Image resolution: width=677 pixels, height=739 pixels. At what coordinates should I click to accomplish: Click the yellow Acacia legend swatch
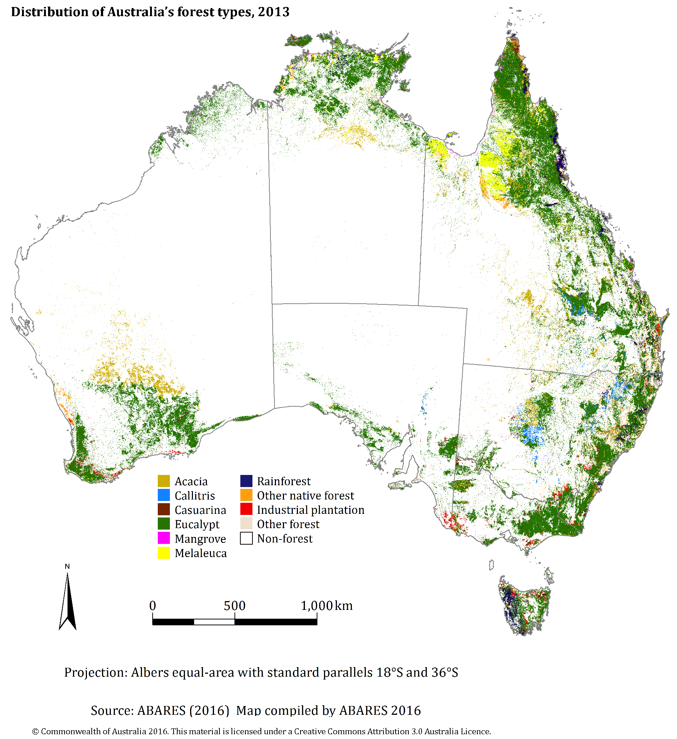point(164,481)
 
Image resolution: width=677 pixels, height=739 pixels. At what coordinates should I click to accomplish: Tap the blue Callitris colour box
point(164,495)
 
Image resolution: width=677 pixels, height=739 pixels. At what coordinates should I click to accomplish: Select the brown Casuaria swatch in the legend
point(164,509)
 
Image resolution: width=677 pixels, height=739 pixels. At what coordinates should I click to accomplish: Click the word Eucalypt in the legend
point(197,524)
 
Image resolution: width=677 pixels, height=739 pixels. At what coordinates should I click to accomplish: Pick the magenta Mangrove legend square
point(164,538)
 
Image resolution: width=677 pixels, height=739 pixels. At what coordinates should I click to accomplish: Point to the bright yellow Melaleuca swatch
point(164,553)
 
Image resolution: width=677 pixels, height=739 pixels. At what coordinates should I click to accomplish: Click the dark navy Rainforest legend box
point(246,481)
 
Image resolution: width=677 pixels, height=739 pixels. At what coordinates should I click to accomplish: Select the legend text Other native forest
point(305,495)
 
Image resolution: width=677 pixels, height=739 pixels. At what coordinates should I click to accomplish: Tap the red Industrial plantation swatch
point(246,509)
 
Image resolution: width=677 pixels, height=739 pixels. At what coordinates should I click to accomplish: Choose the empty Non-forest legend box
point(246,538)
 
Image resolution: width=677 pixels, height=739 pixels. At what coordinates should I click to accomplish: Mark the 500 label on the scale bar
point(234,606)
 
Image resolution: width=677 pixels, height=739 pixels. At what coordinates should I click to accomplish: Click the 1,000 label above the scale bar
point(317,606)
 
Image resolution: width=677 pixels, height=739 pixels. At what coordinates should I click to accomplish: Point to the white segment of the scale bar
point(214,622)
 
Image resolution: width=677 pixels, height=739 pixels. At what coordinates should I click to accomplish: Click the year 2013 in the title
point(274,12)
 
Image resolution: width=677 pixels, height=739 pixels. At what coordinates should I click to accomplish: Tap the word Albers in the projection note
point(150,673)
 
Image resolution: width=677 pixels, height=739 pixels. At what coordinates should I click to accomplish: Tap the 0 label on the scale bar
point(153,606)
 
